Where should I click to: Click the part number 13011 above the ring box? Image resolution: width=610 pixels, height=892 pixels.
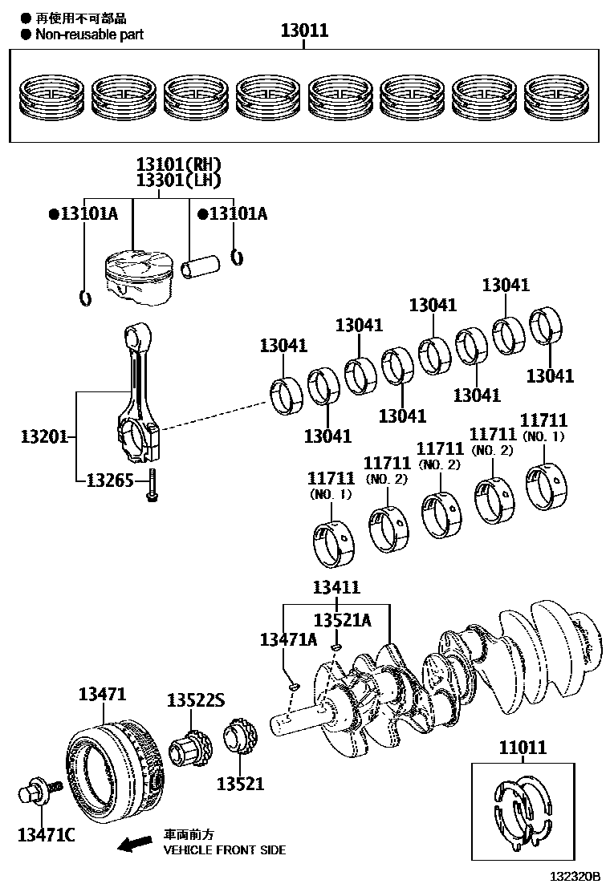click(304, 31)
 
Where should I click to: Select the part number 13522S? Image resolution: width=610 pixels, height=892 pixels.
click(194, 699)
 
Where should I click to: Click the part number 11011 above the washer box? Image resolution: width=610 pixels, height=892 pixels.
click(523, 747)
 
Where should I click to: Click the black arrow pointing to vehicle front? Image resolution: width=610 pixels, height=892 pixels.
click(134, 843)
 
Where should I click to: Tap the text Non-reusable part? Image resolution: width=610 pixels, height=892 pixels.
click(89, 34)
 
